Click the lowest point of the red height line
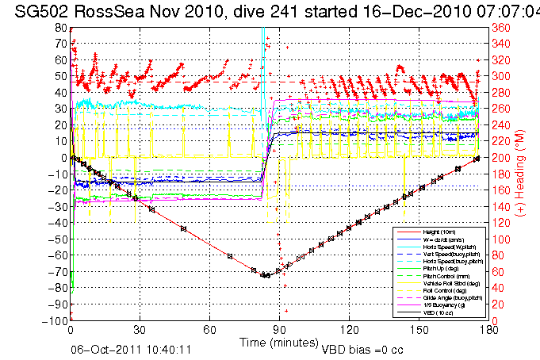point(265,276)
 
